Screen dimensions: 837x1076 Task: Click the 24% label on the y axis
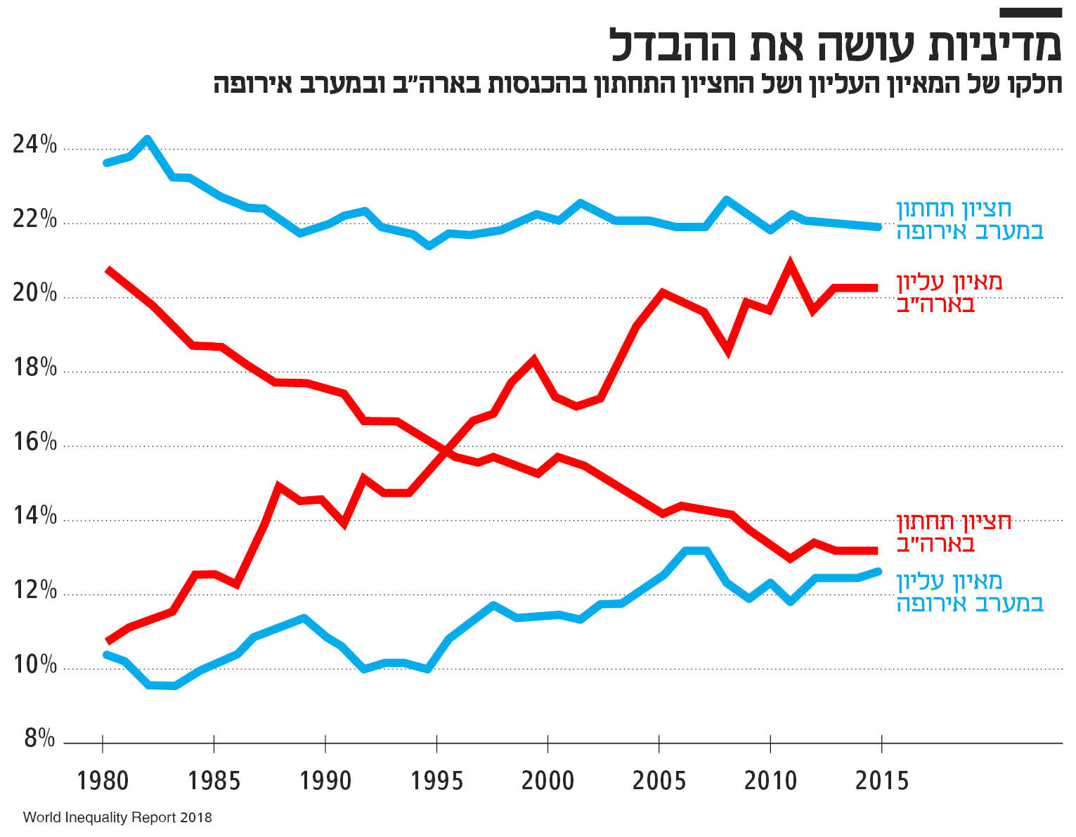click(x=34, y=145)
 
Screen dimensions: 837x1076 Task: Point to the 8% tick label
click(x=39, y=739)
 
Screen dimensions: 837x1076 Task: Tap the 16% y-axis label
click(x=34, y=442)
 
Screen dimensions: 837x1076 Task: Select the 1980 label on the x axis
click(x=103, y=781)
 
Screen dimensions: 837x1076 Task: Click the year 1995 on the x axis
click(x=436, y=781)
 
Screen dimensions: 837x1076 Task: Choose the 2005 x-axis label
click(x=659, y=781)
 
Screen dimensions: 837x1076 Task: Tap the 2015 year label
click(x=881, y=781)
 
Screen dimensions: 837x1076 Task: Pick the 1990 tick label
click(x=325, y=781)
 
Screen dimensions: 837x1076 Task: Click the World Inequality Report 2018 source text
click(x=117, y=818)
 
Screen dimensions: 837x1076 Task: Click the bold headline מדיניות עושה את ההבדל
click(x=835, y=45)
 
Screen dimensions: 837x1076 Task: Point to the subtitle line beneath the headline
click(x=637, y=84)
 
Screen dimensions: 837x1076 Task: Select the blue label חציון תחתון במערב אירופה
click(x=969, y=220)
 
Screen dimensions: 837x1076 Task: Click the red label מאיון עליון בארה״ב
click(x=949, y=293)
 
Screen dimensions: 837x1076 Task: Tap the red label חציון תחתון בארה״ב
click(x=953, y=533)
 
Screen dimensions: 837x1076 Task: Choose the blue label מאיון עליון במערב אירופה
click(x=969, y=592)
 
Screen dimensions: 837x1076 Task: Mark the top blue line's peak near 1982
click(x=147, y=139)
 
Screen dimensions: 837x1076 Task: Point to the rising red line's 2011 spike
click(x=790, y=265)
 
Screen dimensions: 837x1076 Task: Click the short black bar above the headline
click(x=1030, y=13)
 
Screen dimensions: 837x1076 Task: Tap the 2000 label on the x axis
click(x=547, y=781)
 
